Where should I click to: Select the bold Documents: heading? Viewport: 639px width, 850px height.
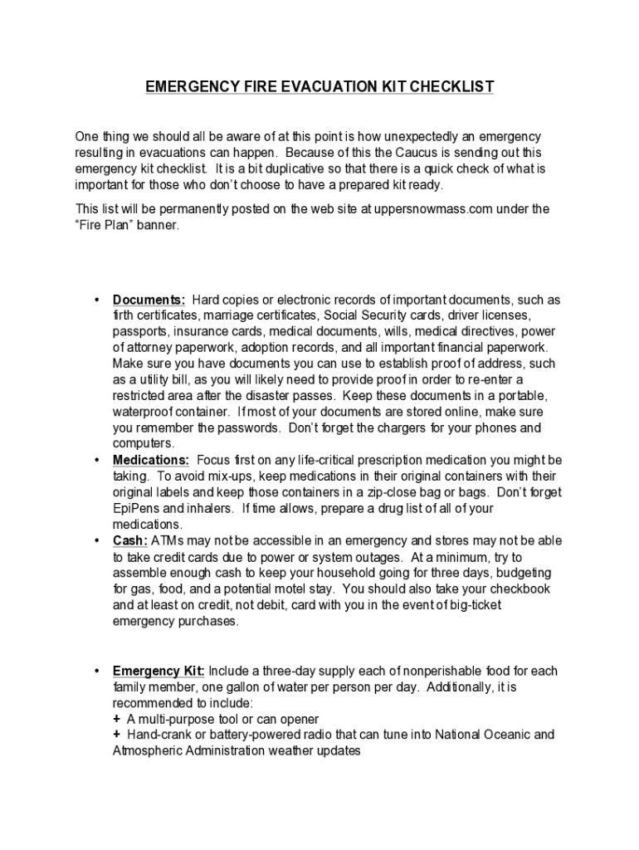coord(149,300)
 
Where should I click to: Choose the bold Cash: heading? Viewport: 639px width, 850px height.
coord(130,540)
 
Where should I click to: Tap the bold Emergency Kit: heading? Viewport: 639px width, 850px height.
coord(159,671)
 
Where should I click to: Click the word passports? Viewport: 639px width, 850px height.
coord(141,332)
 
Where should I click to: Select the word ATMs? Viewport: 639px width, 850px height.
coord(169,540)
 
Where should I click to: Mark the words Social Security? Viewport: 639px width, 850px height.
coord(363,316)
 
